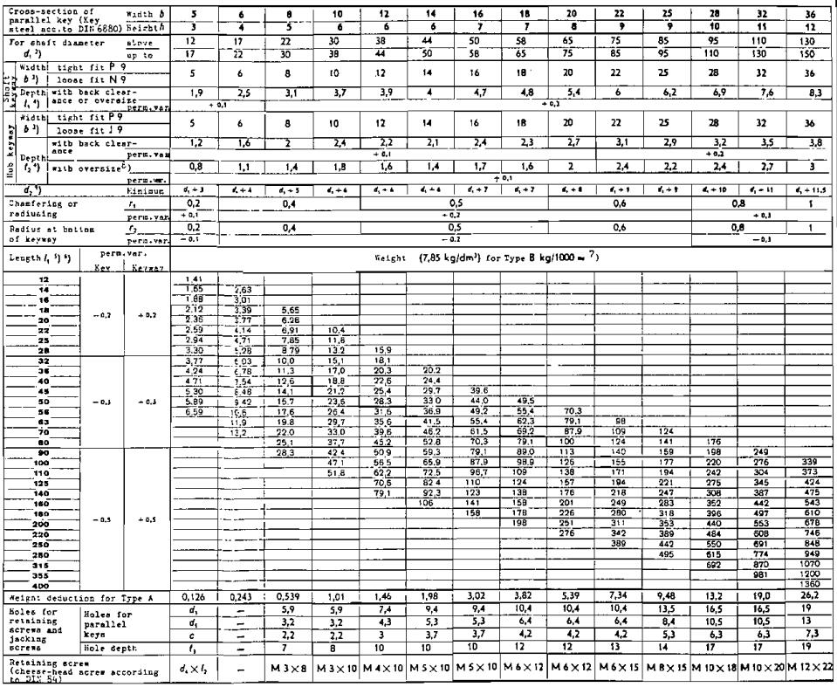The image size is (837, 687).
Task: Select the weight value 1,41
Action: pos(194,277)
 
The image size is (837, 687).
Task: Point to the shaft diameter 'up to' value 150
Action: pos(811,52)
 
